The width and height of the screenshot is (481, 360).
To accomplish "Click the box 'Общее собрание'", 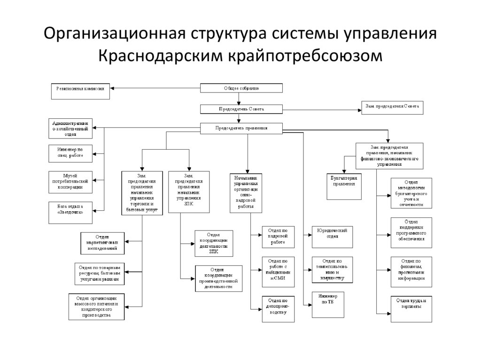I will pos(241,88).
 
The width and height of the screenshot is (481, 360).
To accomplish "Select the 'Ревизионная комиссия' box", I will pos(80,91).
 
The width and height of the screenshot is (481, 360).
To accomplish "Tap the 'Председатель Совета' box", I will pos(241,109).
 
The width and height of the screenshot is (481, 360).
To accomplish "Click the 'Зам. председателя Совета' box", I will pos(392,107).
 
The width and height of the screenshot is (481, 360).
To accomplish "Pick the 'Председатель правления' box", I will pos(241,128).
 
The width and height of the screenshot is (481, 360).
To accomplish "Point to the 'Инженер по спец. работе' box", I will pos(70,153).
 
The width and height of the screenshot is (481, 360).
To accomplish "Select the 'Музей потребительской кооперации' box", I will pos(70,181).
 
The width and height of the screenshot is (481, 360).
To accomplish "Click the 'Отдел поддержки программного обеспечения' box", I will pos(411,230).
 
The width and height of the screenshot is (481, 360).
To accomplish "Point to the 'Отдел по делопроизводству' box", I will pos(278,309).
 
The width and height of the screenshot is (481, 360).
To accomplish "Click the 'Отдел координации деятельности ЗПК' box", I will pos(213,243).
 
